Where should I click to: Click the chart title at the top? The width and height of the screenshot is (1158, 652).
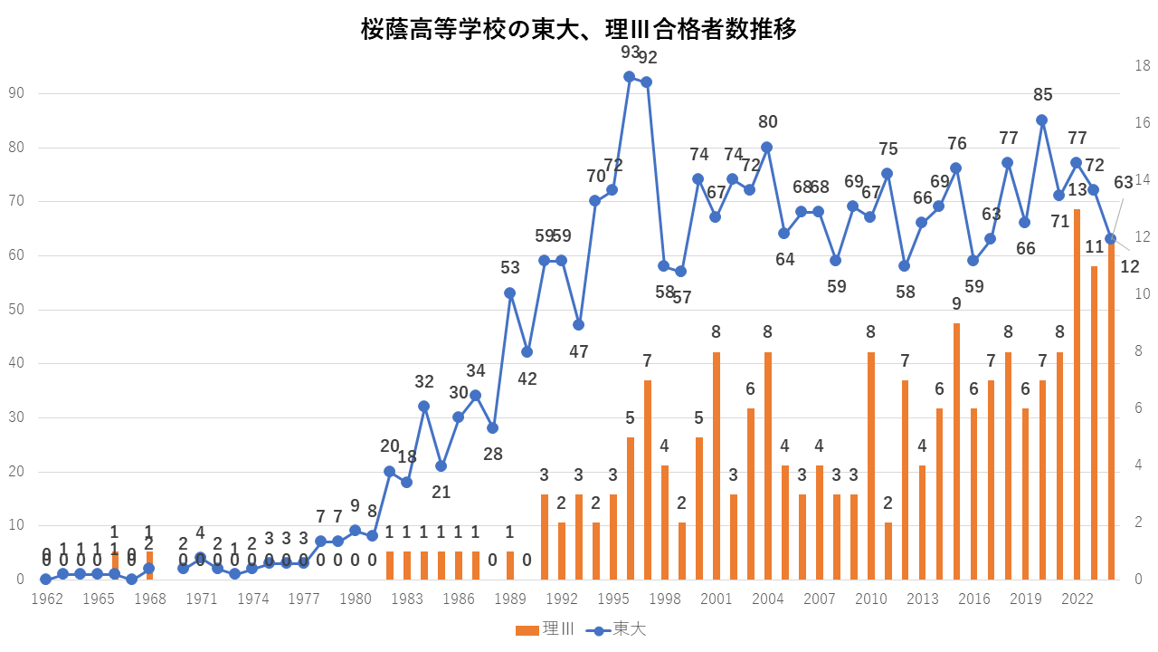(579, 30)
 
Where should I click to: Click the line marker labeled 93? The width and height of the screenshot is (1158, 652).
(630, 77)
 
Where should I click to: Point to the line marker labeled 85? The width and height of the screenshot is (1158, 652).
(1042, 120)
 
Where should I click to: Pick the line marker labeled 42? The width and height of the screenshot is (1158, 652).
(527, 352)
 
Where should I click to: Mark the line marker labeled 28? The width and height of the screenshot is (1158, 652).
(492, 427)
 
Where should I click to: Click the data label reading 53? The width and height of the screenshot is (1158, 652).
(509, 268)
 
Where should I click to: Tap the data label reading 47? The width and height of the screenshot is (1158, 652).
(578, 351)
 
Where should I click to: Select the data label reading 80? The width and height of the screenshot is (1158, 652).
(767, 122)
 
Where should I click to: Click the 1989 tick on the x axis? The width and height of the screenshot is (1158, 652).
(510, 599)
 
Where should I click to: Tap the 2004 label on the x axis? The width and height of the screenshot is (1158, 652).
(768, 599)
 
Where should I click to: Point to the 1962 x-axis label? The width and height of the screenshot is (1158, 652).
(45, 599)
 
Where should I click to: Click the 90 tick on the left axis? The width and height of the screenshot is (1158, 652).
(15, 93)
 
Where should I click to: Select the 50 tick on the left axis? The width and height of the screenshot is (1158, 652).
(15, 310)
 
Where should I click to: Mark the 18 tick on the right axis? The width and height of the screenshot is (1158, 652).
(1143, 65)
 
